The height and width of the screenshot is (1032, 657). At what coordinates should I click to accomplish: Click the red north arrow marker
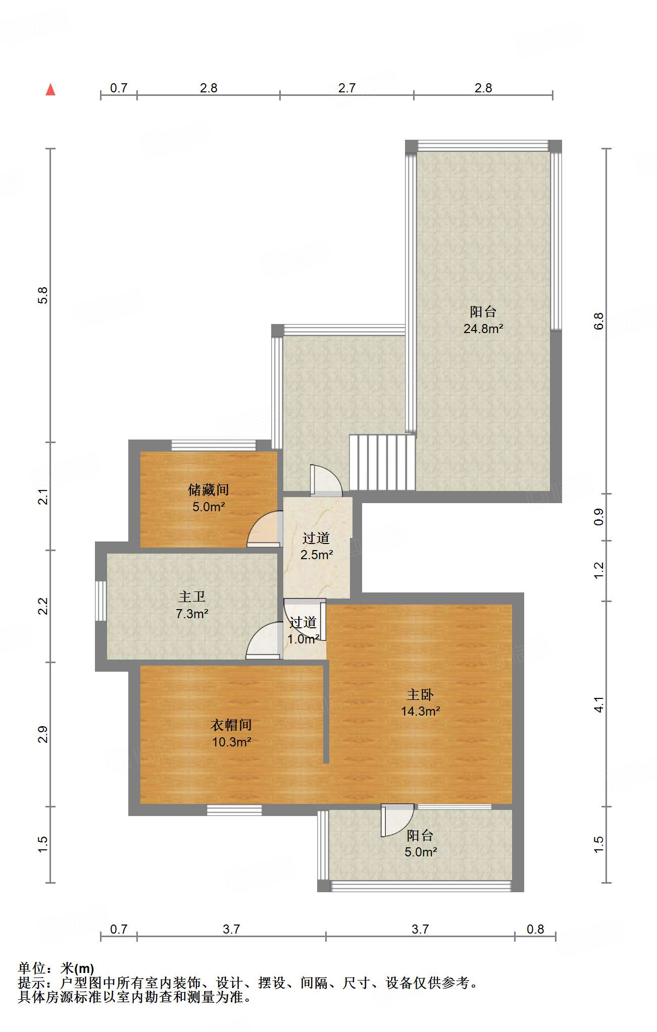[x=50, y=90]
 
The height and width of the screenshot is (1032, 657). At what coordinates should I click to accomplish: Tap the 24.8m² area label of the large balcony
[x=483, y=329]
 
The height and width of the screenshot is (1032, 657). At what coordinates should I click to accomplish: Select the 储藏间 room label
[x=208, y=490]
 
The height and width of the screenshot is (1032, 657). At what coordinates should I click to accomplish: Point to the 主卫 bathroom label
[x=192, y=596]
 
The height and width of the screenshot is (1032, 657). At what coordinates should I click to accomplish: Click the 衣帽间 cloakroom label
[x=231, y=725]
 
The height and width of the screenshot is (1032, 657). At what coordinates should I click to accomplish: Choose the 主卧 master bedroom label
[x=420, y=694]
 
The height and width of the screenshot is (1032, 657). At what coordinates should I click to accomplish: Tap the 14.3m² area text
[x=420, y=712]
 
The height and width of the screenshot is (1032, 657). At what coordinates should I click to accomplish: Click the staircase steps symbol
[x=382, y=462]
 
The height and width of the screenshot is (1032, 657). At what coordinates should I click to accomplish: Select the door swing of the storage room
[x=264, y=530]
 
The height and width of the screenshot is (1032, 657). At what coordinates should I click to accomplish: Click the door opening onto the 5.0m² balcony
[x=396, y=820]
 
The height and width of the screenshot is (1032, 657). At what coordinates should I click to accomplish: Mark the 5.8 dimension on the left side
[x=43, y=295]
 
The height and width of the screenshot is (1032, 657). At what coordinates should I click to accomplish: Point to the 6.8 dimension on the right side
[x=598, y=321]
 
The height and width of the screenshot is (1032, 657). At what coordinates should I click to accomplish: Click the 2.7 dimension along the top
[x=347, y=88]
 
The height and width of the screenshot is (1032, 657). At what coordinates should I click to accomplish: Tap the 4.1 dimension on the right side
[x=598, y=704]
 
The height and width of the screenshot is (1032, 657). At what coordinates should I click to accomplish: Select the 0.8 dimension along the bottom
[x=535, y=929]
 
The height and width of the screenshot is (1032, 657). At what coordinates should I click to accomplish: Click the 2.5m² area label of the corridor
[x=317, y=555]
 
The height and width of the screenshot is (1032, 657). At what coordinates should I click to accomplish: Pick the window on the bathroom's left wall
[x=101, y=601]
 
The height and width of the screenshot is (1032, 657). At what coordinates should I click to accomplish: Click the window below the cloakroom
[x=234, y=810]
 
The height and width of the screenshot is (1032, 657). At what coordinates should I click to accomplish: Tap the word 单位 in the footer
[x=31, y=968]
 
